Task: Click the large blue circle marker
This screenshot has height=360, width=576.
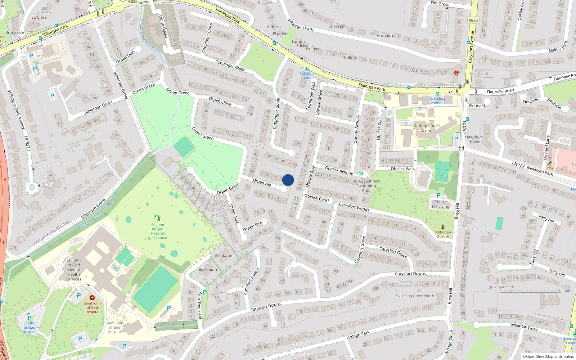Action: tap(288, 180)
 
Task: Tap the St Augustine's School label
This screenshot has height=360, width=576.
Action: tap(427, 128)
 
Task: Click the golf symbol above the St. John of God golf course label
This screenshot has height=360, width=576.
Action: tap(157, 218)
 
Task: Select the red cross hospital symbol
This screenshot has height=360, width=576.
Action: tap(92, 298)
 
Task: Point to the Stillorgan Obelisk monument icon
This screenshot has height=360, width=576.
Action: tap(443, 227)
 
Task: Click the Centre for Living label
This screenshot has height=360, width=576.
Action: tap(441, 204)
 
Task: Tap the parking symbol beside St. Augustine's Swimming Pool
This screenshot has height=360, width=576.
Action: tap(361, 175)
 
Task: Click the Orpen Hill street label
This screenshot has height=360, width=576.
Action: tap(262, 183)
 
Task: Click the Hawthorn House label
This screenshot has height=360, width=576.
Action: tap(474, 139)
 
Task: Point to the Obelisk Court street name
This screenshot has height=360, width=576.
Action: tap(317, 198)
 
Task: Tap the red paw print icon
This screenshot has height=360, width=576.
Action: tap(456, 73)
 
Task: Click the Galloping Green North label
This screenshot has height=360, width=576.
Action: tap(415, 296)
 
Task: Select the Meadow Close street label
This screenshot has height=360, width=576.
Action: tap(524, 327)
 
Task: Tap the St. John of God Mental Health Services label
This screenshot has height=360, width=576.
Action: tap(74, 269)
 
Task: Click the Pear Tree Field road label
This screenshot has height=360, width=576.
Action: tap(199, 305)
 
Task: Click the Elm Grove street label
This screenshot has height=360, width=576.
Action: tap(440, 4)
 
